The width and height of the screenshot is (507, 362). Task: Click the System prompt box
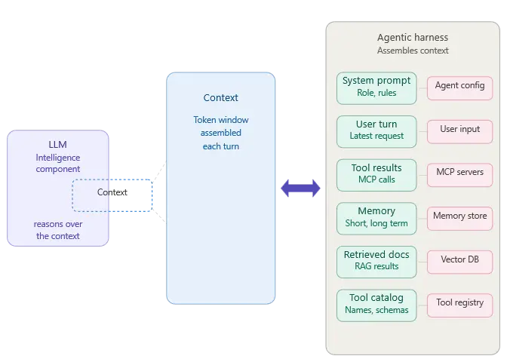click(x=376, y=87)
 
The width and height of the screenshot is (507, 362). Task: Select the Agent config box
click(x=459, y=87)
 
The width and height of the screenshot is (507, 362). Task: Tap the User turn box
click(x=376, y=130)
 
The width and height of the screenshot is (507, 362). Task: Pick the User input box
click(x=459, y=130)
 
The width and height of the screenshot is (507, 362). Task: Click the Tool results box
click(x=376, y=174)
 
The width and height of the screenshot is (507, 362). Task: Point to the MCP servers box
click(x=459, y=173)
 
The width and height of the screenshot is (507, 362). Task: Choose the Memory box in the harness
click(x=376, y=218)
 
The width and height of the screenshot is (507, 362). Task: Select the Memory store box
click(x=459, y=217)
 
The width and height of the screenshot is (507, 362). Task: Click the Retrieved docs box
click(x=376, y=261)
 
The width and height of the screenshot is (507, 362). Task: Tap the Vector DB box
click(x=459, y=261)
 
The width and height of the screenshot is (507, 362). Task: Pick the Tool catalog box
click(x=376, y=305)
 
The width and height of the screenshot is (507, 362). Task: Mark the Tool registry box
click(x=459, y=304)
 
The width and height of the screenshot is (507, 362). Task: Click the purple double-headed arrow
click(x=301, y=189)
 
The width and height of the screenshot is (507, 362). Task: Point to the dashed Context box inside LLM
click(x=112, y=195)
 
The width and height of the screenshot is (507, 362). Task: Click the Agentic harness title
click(x=412, y=38)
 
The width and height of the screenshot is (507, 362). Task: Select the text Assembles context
click(x=412, y=51)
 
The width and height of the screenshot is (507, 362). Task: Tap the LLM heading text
click(x=58, y=144)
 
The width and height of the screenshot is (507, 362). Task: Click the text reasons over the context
click(x=58, y=230)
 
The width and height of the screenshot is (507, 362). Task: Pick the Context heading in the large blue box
click(x=221, y=98)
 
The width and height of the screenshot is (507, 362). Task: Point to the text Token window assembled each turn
click(x=221, y=133)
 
